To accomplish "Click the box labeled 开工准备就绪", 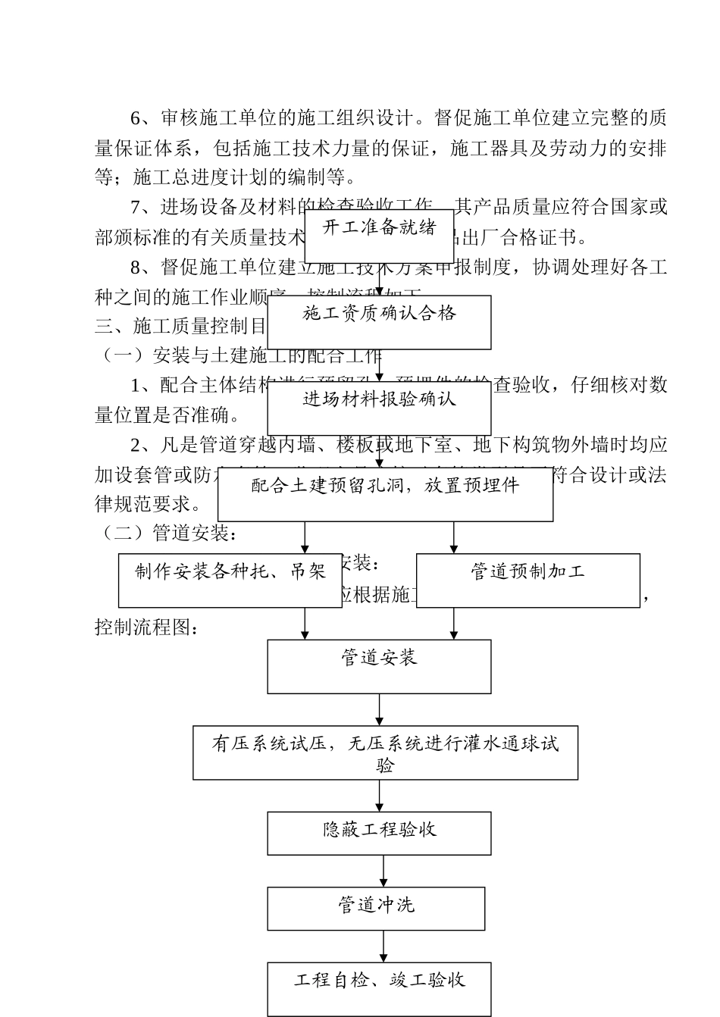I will pyautogui.click(x=379, y=235).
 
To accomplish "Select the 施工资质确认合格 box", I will pyautogui.click(x=379, y=322).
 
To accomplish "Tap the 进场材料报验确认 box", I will pyautogui.click(x=379, y=408).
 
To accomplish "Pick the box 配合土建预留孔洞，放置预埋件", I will pyautogui.click(x=385, y=494).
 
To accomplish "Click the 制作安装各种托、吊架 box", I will pyautogui.click(x=230, y=580).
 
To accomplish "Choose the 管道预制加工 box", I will pyautogui.click(x=528, y=580).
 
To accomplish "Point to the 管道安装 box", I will pyautogui.click(x=379, y=666).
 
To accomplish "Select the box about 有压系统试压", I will pyautogui.click(x=385, y=753).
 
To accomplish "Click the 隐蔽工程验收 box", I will pyautogui.click(x=379, y=834).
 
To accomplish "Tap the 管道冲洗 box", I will pyautogui.click(x=376, y=909).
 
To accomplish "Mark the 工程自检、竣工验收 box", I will pyautogui.click(x=379, y=989).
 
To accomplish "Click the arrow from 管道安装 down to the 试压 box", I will pyautogui.click(x=380, y=710).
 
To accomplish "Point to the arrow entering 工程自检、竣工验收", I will pyautogui.click(x=383, y=947).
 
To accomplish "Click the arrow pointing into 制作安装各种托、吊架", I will pyautogui.click(x=305, y=538).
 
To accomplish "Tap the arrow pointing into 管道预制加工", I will pyautogui.click(x=454, y=538).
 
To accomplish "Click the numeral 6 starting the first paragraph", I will pyautogui.click(x=136, y=118).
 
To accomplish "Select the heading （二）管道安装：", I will pyautogui.click(x=167, y=534).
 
